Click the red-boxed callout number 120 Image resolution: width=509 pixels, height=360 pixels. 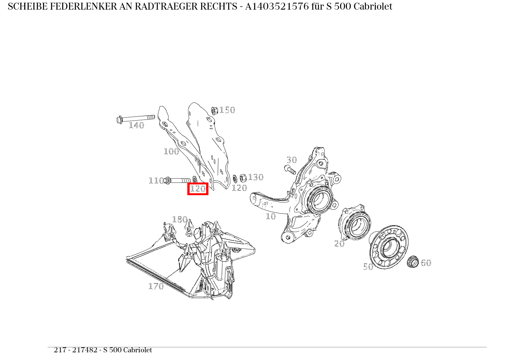click(198, 189)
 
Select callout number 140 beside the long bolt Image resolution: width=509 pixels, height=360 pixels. click(136, 125)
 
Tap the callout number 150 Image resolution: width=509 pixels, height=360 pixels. click(227, 110)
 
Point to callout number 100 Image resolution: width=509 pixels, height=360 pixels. click(171, 151)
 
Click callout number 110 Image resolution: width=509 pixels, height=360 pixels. click(156, 181)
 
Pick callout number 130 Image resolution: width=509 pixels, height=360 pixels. click(256, 177)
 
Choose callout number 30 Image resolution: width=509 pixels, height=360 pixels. click(292, 160)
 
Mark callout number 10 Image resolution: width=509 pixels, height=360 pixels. click(271, 216)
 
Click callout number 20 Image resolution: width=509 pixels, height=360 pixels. click(339, 244)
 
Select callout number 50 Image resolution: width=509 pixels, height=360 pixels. click(368, 267)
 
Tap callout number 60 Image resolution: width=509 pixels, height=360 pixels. click(426, 263)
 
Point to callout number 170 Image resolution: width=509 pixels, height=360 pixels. click(156, 286)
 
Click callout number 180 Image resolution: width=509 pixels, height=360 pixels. click(180, 219)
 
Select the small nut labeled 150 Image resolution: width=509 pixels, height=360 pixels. click(215, 110)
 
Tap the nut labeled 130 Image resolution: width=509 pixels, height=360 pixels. click(243, 178)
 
